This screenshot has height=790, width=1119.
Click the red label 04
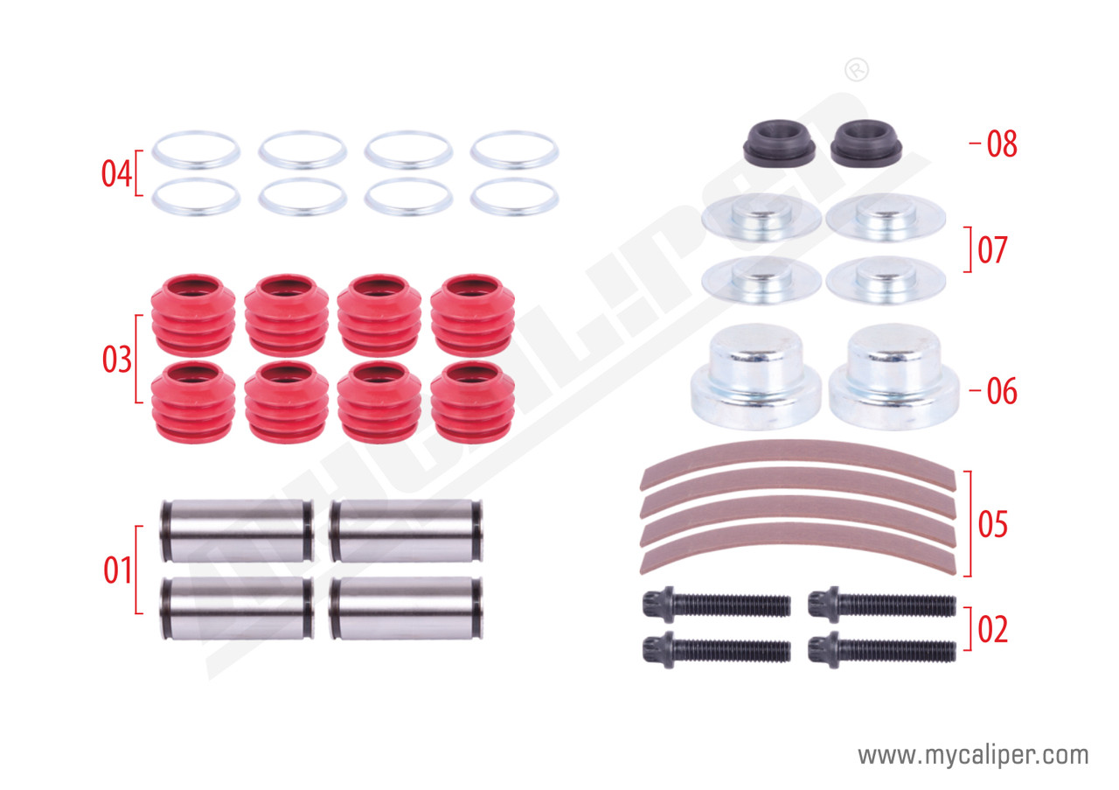pos(116,173)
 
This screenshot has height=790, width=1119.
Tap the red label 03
pos(117,359)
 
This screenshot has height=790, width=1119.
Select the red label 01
pos(117,570)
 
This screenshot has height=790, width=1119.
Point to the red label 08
pos(1002,144)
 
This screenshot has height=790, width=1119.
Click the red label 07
pos(992,250)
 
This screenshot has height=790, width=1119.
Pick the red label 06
pos(1002,391)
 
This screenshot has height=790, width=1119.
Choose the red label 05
pos(992,524)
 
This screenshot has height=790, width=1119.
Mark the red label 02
pos(992,629)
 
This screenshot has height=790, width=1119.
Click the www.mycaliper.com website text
pos(973,756)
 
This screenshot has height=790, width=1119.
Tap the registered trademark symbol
pos(856,71)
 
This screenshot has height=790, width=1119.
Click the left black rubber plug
pos(779,143)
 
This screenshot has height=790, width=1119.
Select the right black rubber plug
pos(866,143)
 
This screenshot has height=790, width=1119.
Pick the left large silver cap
pos(756,376)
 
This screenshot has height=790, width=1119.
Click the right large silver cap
pos(894,376)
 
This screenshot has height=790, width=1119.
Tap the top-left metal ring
pos(196,150)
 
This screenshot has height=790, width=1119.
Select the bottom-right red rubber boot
pos(473,402)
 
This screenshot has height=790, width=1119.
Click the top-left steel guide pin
pos(237,530)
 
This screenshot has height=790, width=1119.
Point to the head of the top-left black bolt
pos(658,605)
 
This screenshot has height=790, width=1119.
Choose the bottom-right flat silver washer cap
pos(886,280)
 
